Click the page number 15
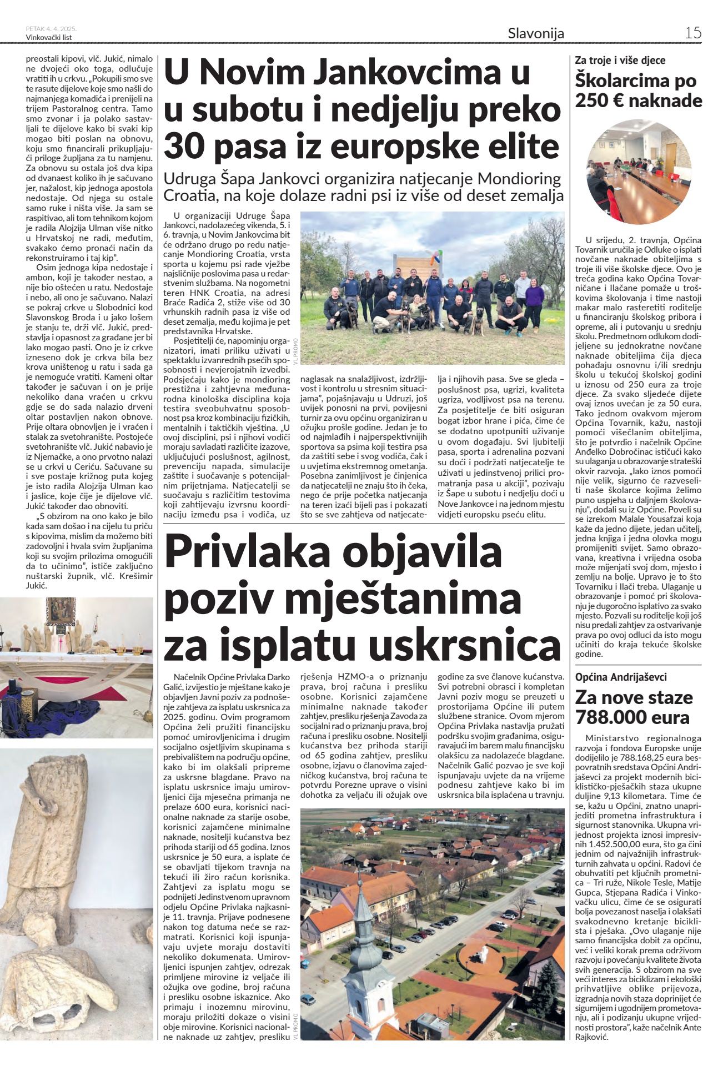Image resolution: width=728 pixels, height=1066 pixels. [693, 33]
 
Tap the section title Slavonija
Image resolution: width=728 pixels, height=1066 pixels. [536, 33]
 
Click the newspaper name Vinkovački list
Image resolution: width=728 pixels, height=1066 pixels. [49, 37]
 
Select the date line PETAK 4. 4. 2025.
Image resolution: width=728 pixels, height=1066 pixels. [51, 28]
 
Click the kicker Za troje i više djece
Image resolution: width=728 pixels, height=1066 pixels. [620, 60]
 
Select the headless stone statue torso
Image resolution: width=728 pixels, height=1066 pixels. [56, 833]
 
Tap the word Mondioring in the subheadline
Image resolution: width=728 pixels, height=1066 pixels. [519, 179]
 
